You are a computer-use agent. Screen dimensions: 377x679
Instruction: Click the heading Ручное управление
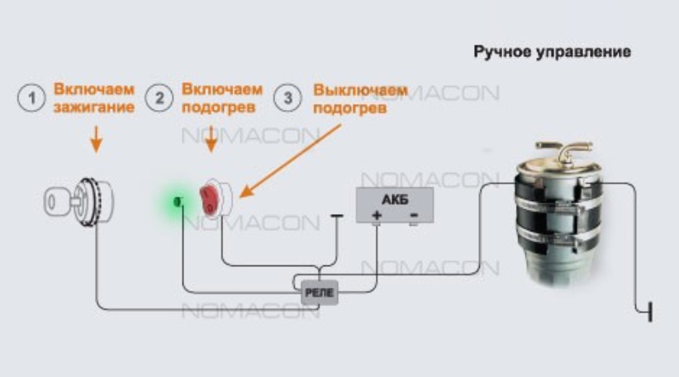pos(552,52)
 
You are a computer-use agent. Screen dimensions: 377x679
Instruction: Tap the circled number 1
pos(32,98)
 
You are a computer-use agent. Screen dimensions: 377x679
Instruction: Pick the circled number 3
pos(287,98)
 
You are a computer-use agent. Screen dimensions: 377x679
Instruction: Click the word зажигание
pos(93,107)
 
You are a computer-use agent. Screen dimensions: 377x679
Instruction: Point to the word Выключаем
pos(360,89)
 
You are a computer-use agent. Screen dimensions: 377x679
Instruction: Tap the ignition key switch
pos(78,198)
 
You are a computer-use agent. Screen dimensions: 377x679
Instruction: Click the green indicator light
pos(177,201)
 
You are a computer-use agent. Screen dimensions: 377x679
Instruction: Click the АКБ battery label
pos(394,198)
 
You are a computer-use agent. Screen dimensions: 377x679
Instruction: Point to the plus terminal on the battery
pos(377,216)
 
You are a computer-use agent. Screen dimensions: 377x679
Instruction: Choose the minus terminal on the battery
pos(413,216)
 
